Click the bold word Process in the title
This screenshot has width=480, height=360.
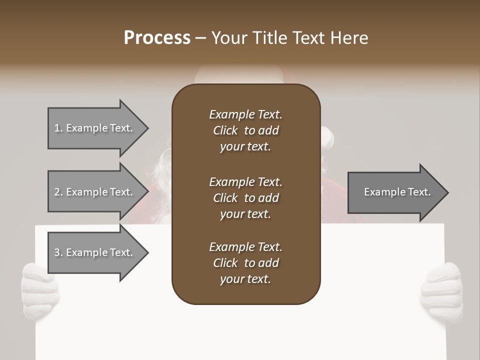pos(157,38)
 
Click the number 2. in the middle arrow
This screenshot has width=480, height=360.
pos(58,192)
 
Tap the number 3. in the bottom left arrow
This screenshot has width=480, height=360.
pos(58,252)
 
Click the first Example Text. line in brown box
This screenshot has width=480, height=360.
pos(245,114)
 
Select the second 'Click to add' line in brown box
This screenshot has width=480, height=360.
pos(245,198)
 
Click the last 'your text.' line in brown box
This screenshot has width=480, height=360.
pos(245,279)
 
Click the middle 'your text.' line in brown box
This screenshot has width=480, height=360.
pos(245,214)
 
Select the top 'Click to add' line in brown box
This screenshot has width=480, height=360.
pos(245,130)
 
